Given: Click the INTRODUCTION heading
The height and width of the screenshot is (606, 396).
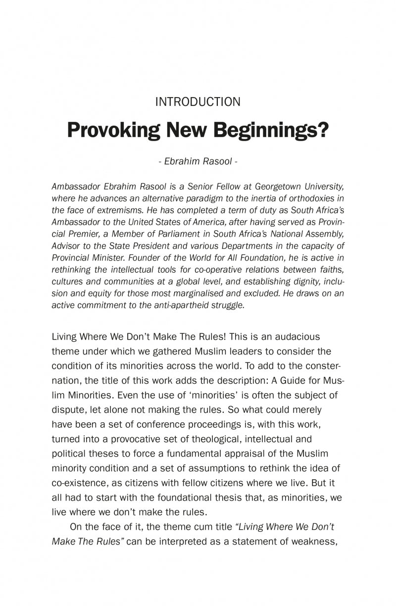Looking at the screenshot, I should [x=198, y=102].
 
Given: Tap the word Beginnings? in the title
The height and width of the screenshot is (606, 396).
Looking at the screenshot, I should [x=271, y=130].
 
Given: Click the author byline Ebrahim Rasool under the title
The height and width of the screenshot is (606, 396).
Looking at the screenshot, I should [x=198, y=161].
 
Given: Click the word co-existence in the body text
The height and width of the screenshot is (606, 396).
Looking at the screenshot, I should [x=77, y=482].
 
